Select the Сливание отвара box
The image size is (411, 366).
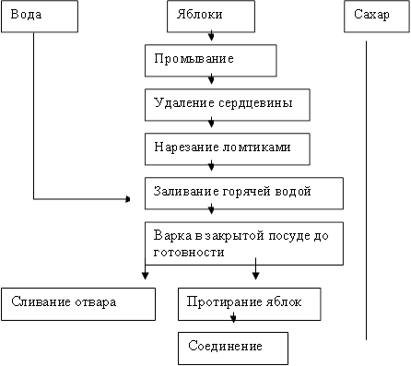(79, 303)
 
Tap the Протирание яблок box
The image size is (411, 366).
(249, 303)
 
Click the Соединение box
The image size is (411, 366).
(232, 347)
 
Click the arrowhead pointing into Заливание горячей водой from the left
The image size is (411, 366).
(128, 198)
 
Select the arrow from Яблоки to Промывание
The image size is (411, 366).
(213, 38)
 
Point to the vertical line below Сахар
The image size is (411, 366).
(366, 184)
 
